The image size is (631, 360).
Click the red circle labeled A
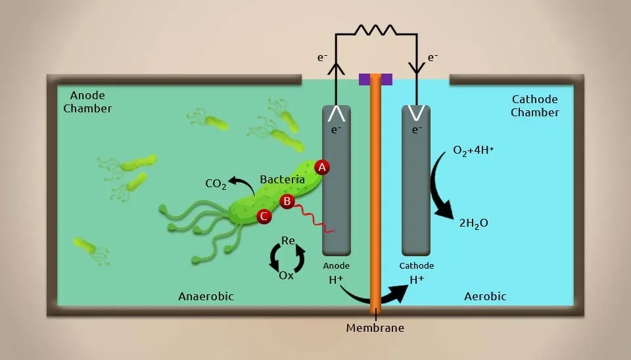click(322, 168)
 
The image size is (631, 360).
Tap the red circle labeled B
click(287, 201)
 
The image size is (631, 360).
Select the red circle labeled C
click(264, 216)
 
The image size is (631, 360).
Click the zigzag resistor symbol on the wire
click(375, 30)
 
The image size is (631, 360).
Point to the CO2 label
click(216, 184)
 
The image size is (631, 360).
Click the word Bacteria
click(282, 179)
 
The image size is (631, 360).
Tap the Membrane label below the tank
click(375, 328)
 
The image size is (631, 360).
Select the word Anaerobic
click(206, 296)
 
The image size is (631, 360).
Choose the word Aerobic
click(485, 296)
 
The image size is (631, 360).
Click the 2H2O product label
click(474, 223)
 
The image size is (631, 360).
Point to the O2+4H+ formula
click(473, 150)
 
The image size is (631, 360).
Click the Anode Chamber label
click(87, 102)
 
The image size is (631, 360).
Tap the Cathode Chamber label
click(535, 106)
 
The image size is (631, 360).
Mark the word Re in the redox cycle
click(288, 240)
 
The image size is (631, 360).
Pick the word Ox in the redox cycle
click(286, 275)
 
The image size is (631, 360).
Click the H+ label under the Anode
click(336, 280)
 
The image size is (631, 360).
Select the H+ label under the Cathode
click(417, 280)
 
